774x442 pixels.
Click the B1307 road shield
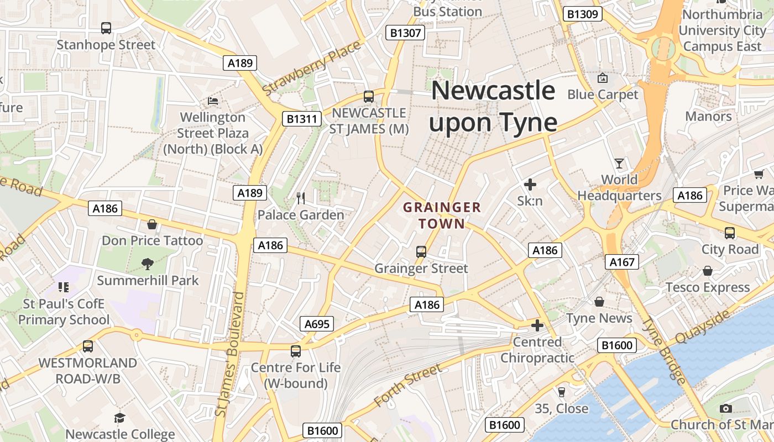[x=405, y=33]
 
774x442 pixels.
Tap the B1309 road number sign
[x=583, y=14]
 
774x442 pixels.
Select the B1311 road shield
[x=302, y=118]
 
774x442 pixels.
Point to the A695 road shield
[x=317, y=324]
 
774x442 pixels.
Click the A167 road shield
[x=622, y=262]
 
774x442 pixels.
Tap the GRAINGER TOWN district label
[x=442, y=215]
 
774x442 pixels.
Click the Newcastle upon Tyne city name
[x=493, y=106]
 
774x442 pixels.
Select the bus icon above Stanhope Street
[x=106, y=28]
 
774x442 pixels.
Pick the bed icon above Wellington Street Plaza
[x=213, y=101]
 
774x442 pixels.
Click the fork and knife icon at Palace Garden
[x=301, y=198]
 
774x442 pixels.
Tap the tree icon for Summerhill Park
[x=147, y=264]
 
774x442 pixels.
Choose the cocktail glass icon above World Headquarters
[x=619, y=164]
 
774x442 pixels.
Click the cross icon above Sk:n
[x=530, y=185]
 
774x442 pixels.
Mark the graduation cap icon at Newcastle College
[x=120, y=418]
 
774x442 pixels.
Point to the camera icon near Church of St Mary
[x=726, y=408]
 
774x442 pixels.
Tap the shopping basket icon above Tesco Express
[x=708, y=271]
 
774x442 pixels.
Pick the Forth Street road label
[x=408, y=385]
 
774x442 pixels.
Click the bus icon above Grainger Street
[x=421, y=252]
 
